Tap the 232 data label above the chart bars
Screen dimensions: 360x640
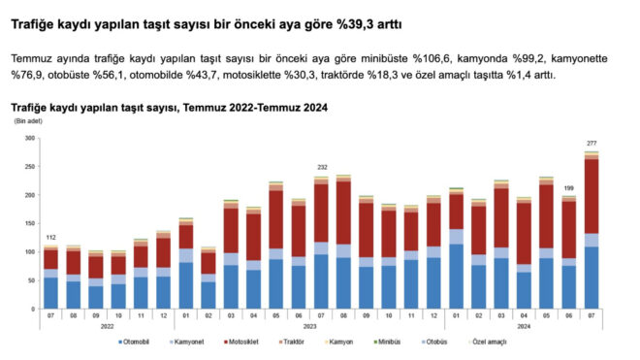click(322, 167)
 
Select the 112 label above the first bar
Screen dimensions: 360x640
click(50, 238)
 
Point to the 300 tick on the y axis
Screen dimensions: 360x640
click(28, 139)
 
